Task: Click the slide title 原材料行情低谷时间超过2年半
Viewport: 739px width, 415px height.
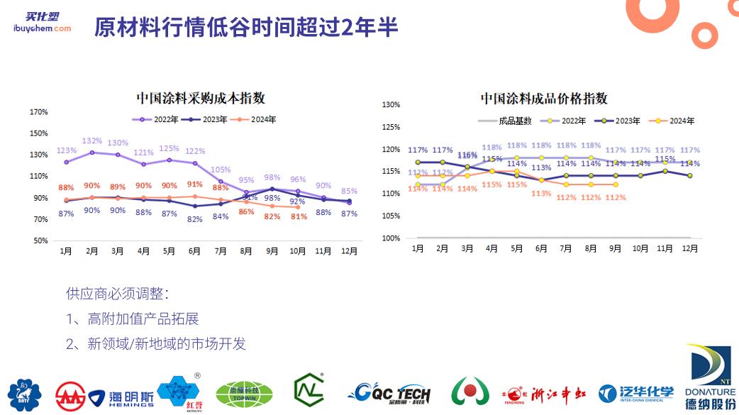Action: [x=246, y=27]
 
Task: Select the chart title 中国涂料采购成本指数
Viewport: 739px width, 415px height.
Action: [x=201, y=99]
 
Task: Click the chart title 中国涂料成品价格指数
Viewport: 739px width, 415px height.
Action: [x=543, y=99]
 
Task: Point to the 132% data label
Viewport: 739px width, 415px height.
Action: [x=92, y=140]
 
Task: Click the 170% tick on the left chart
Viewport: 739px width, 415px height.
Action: [x=39, y=112]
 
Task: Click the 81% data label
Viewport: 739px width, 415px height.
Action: [x=298, y=216]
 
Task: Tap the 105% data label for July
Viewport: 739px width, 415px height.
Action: [x=221, y=170]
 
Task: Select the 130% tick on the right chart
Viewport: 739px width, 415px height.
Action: [x=391, y=105]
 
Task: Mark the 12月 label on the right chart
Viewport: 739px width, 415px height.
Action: [x=689, y=249]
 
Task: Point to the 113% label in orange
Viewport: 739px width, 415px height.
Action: [x=541, y=193]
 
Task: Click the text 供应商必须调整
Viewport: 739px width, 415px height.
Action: [x=118, y=293]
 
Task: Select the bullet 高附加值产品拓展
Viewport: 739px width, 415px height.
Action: [x=132, y=319]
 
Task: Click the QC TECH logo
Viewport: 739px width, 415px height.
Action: [x=389, y=392]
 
